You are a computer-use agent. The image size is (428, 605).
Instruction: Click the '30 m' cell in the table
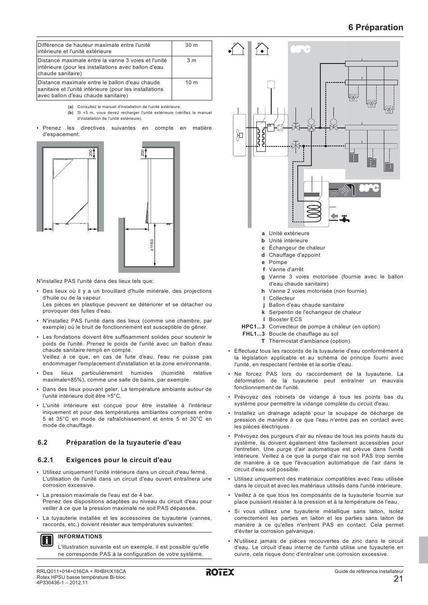(x=191, y=45)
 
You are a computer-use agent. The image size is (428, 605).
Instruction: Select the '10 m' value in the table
(x=191, y=82)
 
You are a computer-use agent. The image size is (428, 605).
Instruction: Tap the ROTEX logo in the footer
(x=220, y=572)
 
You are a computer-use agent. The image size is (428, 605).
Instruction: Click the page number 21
(x=398, y=579)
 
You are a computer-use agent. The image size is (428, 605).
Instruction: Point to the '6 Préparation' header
(x=376, y=27)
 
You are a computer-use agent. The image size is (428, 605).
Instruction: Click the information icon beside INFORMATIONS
(x=47, y=541)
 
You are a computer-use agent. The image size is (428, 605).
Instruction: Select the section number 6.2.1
(x=46, y=459)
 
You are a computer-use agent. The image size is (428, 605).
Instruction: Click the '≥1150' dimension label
(x=152, y=245)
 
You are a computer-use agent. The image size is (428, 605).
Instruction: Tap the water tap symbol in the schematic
(x=344, y=218)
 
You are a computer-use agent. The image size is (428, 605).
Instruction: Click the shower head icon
(x=347, y=190)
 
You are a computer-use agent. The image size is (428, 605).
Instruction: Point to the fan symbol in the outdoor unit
(x=239, y=135)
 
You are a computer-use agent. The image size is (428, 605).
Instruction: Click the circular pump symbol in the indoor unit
(x=281, y=127)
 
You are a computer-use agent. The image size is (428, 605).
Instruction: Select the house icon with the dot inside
(x=262, y=49)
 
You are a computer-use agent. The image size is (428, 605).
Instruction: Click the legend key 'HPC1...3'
(x=253, y=327)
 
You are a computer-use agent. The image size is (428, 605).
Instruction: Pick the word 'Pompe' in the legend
(x=278, y=262)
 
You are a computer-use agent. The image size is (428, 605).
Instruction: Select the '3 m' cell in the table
(x=191, y=60)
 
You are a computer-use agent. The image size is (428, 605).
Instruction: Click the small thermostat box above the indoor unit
(x=271, y=85)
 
